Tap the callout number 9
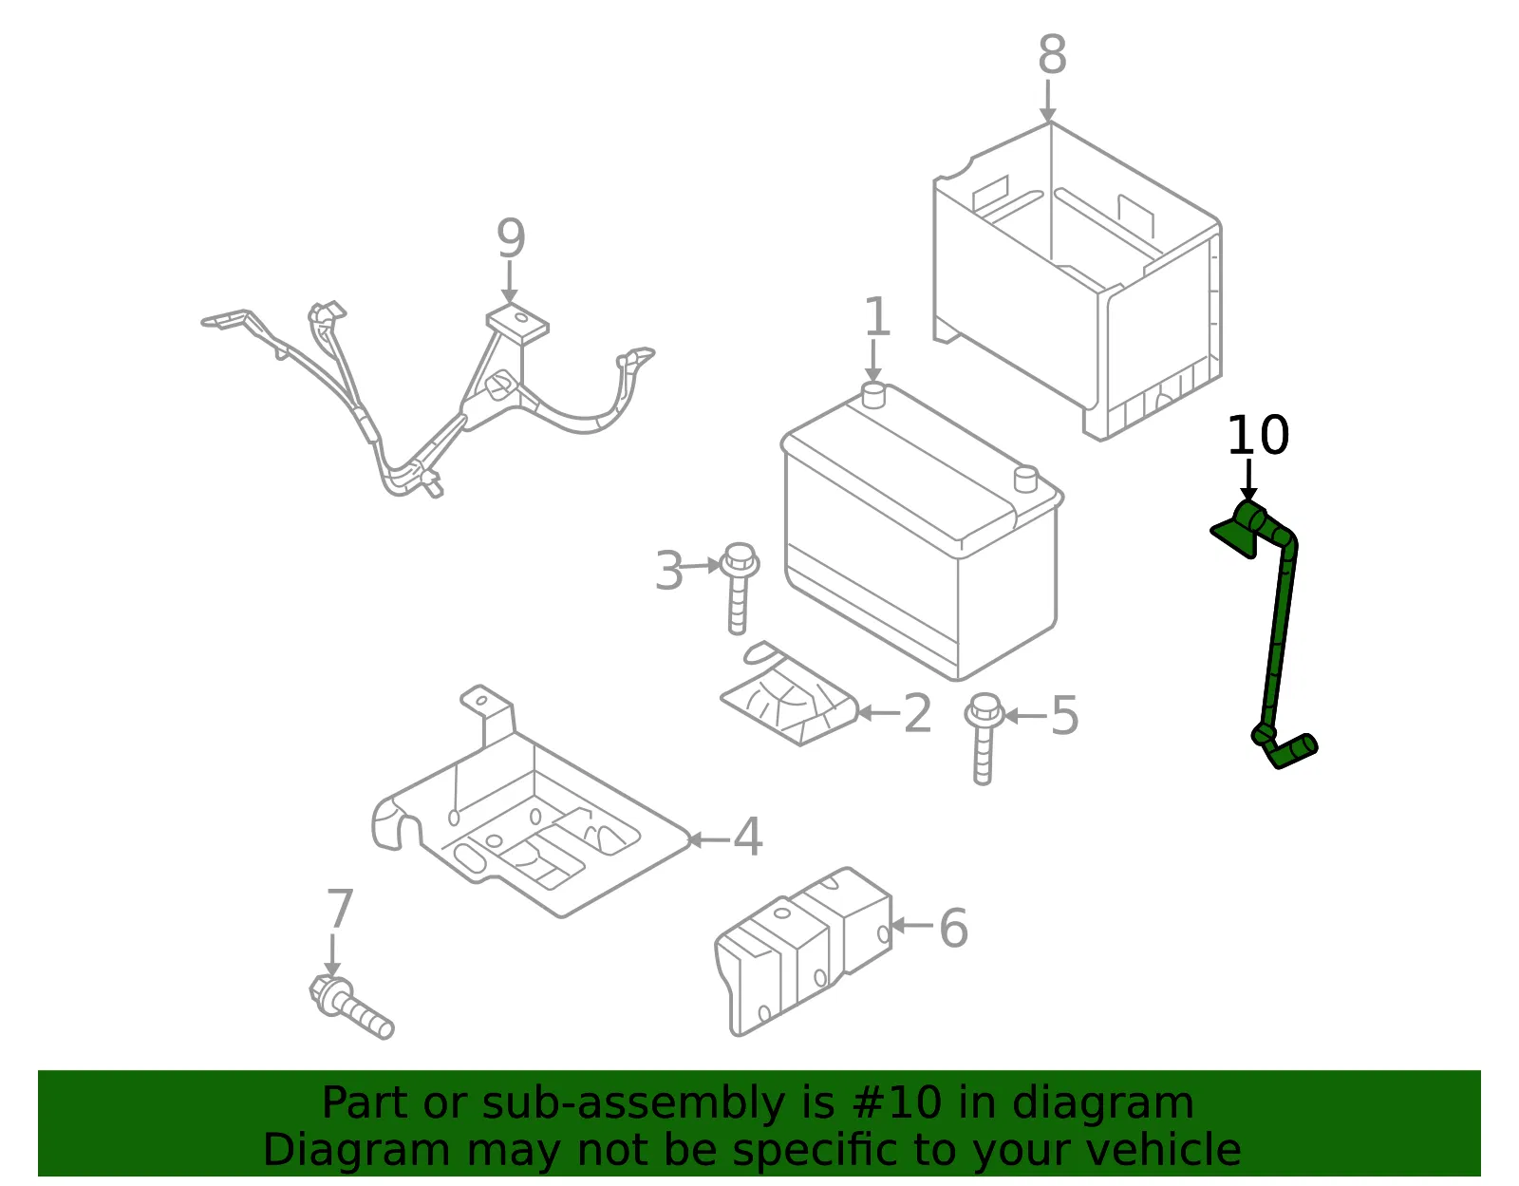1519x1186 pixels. coord(511,238)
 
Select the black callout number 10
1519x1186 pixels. coord(1258,435)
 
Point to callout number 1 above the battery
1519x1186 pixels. coord(877,316)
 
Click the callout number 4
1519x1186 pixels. coord(747,837)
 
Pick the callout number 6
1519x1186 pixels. coord(953,928)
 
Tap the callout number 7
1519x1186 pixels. coord(341,908)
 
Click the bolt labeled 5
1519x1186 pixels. coord(983,739)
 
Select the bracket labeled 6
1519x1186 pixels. coord(803,951)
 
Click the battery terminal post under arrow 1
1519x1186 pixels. coord(873,395)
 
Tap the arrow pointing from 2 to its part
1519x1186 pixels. coord(879,713)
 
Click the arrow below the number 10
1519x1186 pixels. coord(1248,480)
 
